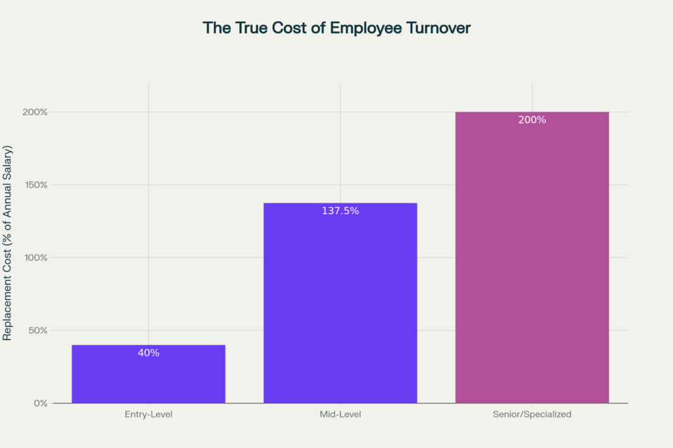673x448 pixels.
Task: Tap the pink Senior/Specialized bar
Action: tap(532, 263)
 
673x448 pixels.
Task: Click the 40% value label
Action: tap(149, 353)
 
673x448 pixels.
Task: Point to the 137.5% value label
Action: tap(340, 211)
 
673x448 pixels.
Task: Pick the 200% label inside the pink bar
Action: tap(532, 120)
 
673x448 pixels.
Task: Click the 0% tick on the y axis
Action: tap(41, 403)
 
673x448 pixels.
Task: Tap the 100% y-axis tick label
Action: tap(35, 258)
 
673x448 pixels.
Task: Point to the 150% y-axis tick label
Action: tap(35, 185)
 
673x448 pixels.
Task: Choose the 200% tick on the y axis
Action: tap(35, 112)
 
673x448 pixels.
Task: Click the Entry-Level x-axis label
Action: tap(149, 414)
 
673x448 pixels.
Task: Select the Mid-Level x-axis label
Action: tap(340, 414)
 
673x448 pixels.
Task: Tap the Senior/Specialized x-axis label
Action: tap(532, 414)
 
